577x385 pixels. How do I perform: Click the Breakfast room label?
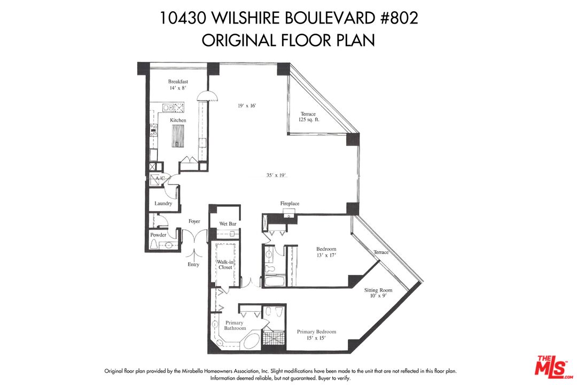point(178,82)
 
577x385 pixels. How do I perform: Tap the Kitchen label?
point(178,120)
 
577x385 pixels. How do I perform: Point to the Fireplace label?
point(290,204)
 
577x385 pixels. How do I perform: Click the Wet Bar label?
point(228,224)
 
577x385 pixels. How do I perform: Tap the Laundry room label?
point(163,203)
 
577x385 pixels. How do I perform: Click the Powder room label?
point(158,235)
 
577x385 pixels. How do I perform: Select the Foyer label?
point(194,221)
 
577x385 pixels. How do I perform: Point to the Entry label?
point(193,265)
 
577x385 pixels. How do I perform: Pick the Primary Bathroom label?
point(235,326)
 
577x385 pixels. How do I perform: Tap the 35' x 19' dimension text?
point(277,175)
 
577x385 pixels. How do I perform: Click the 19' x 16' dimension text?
point(247,106)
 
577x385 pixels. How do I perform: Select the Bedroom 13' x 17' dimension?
point(326,256)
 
